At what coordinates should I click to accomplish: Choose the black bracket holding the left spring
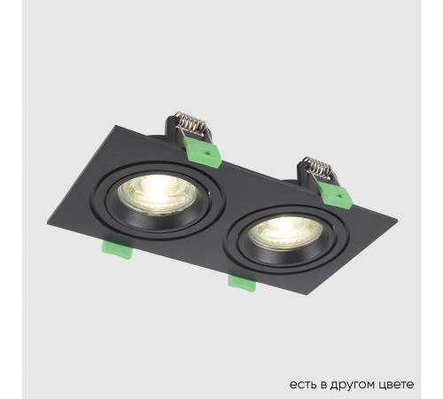[x=177, y=139]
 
